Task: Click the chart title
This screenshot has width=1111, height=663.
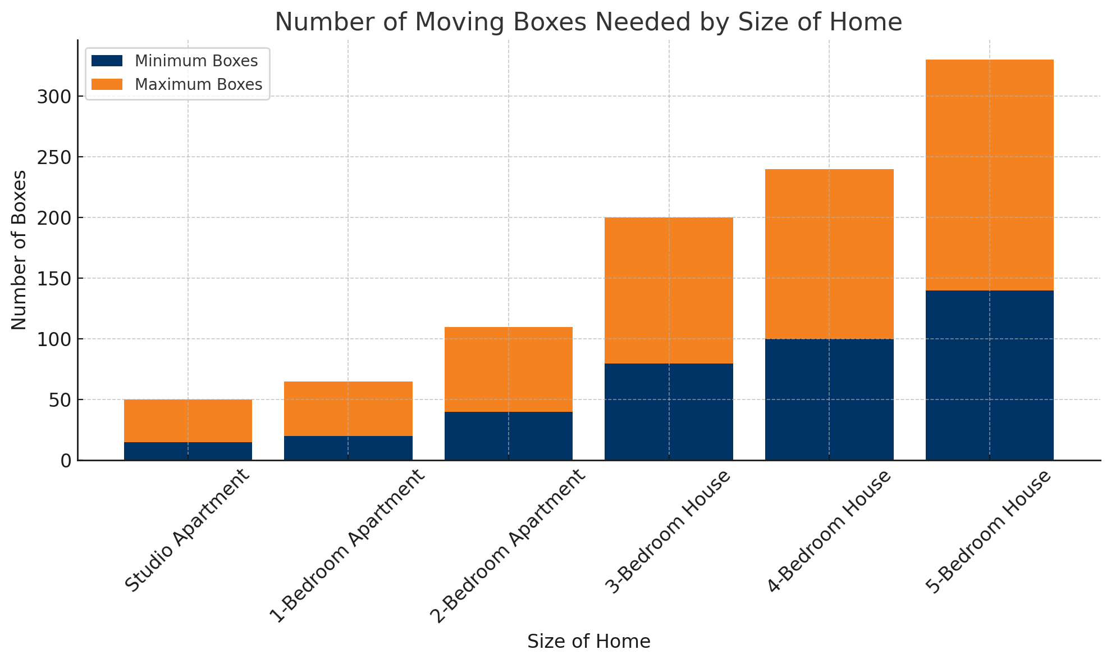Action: click(x=588, y=22)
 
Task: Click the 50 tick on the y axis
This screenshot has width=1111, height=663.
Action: click(x=58, y=400)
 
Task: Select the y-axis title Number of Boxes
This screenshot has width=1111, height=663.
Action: click(x=19, y=250)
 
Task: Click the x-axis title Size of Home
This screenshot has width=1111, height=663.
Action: click(x=588, y=642)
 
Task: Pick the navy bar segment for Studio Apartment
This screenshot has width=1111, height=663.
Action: click(x=188, y=451)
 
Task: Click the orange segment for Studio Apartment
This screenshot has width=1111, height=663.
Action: click(x=188, y=421)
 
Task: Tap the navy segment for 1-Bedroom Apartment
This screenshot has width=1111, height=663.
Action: click(x=348, y=448)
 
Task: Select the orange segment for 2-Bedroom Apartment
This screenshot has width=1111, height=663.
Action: click(x=508, y=369)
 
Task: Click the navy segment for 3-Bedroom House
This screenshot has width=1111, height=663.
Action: click(x=669, y=411)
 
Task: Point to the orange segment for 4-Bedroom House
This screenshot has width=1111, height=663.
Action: click(x=829, y=254)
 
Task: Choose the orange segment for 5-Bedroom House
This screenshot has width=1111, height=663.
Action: click(x=989, y=175)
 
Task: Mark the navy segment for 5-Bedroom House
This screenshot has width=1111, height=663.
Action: click(x=989, y=375)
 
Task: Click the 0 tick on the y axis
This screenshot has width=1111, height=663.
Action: click(x=66, y=461)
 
